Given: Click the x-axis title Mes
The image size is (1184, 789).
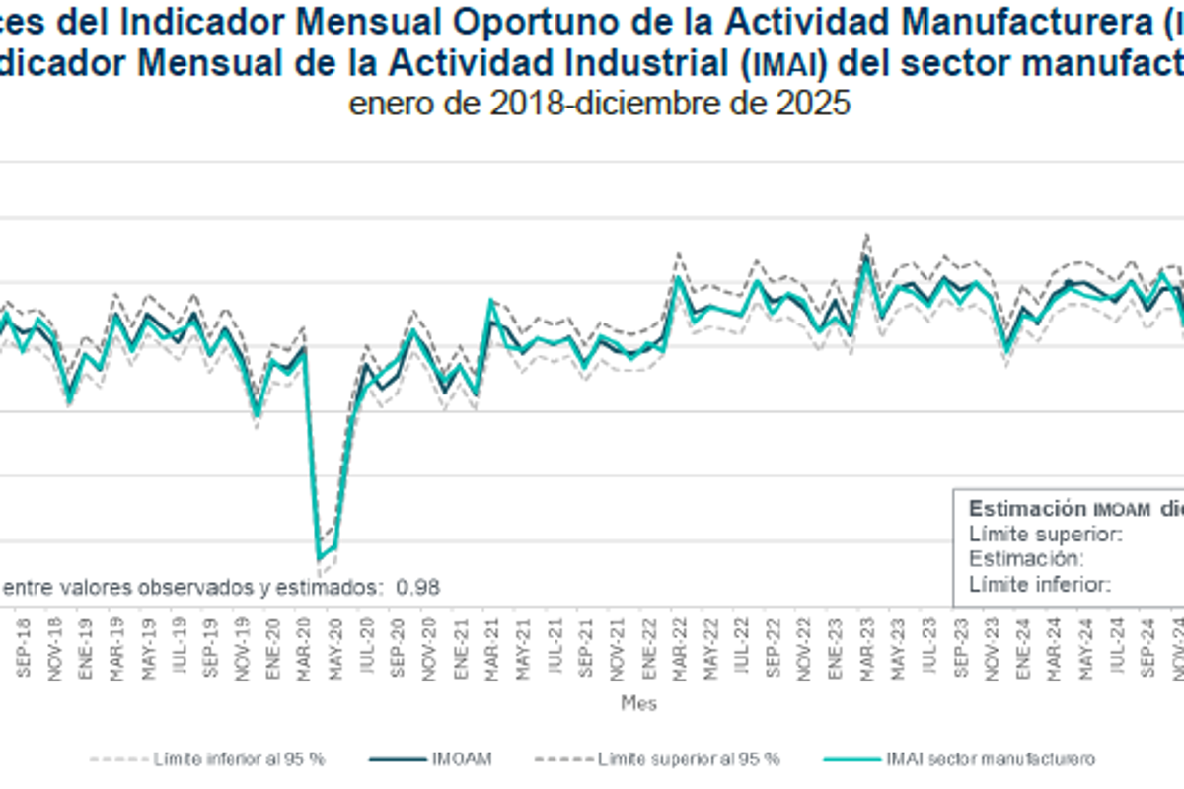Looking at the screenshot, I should (638, 704).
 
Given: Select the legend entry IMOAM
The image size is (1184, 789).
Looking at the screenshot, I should (461, 759).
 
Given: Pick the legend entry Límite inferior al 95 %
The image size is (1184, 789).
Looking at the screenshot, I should (240, 759).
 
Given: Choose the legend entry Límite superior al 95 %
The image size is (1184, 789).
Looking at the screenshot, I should (689, 759).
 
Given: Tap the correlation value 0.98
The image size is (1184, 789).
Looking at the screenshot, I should (417, 587).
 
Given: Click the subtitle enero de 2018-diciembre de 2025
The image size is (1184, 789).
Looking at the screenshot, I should (599, 104).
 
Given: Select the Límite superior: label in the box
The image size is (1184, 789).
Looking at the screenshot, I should (1046, 535).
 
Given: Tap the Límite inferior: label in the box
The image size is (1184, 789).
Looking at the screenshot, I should (1041, 584).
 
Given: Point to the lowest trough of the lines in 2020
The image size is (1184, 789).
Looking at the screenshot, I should (319, 559).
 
